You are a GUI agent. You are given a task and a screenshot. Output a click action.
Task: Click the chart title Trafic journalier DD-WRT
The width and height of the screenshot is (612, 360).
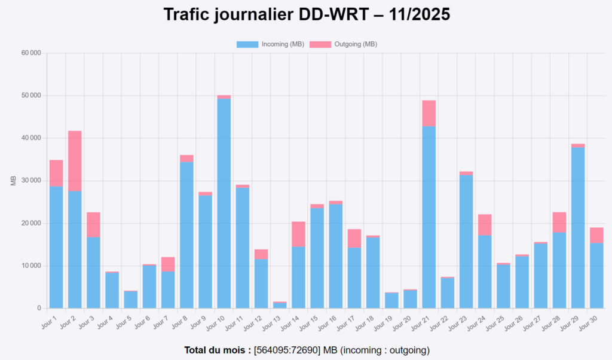pyautogui.click(x=306, y=15)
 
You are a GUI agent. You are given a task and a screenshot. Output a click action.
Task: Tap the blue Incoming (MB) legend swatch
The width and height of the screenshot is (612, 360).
pyautogui.click(x=247, y=44)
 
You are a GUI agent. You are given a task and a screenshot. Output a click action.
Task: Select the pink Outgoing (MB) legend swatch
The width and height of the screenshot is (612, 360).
pyautogui.click(x=320, y=44)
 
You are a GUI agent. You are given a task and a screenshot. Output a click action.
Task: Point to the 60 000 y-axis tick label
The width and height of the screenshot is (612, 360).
pyautogui.click(x=30, y=53)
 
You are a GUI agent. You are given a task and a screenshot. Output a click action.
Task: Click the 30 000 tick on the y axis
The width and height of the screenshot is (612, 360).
pyautogui.click(x=30, y=181)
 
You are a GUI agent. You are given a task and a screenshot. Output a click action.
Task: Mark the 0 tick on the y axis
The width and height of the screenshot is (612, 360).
pyautogui.click(x=39, y=309)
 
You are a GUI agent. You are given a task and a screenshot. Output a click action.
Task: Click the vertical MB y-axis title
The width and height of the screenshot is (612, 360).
pyautogui.click(x=14, y=181)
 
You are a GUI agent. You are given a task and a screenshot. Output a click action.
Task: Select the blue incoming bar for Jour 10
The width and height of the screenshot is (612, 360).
pyautogui.click(x=224, y=203)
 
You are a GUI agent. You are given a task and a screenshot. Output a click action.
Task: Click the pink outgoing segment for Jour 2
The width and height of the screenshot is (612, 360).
pyautogui.click(x=75, y=161)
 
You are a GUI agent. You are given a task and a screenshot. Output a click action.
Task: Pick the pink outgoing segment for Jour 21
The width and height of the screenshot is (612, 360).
pyautogui.click(x=429, y=113)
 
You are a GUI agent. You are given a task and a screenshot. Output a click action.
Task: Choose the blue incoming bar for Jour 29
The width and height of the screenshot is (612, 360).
pyautogui.click(x=577, y=227)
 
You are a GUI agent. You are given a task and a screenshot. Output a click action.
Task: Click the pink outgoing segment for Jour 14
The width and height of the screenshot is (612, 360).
pyautogui.click(x=298, y=234)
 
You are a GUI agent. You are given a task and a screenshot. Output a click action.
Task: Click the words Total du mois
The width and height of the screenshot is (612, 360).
pyautogui.click(x=217, y=350)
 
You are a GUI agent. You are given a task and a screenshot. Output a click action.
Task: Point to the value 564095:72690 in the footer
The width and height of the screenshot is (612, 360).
pyautogui.click(x=287, y=350)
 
